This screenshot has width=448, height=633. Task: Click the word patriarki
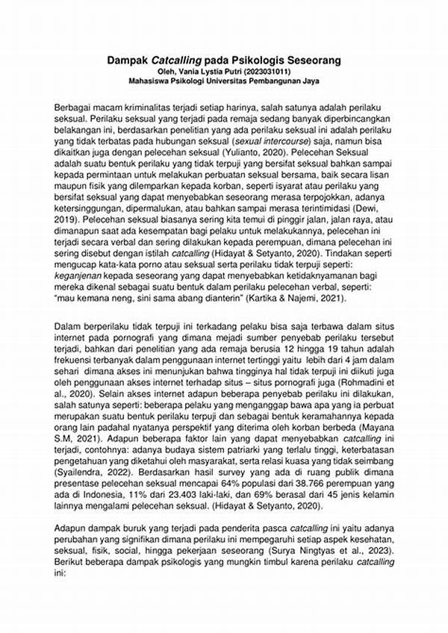click(263, 450)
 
